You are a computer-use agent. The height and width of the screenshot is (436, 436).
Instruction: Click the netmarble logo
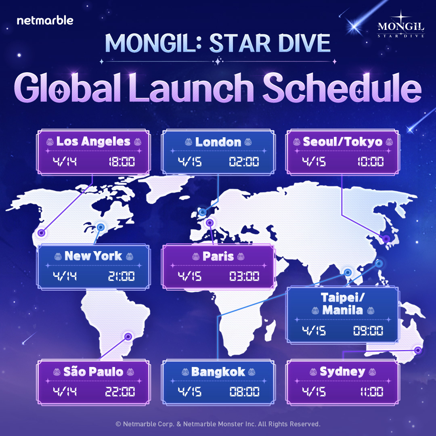point(45,20)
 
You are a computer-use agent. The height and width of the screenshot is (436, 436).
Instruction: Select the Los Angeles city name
point(93,141)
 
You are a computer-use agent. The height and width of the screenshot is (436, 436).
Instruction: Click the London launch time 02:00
point(244,162)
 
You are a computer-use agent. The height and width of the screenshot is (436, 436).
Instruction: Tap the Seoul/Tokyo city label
point(342,142)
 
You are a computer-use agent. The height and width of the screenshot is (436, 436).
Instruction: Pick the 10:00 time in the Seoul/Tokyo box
point(370,162)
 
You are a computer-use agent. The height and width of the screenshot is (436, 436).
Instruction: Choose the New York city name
point(93,256)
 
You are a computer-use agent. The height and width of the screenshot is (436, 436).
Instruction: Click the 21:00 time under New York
point(121,277)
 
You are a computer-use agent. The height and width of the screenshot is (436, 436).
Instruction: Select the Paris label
point(218,256)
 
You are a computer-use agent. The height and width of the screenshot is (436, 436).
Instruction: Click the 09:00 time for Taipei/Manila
point(368,331)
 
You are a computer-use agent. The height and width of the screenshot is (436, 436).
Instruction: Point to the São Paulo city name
point(93,371)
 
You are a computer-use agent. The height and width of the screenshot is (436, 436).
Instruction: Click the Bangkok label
point(218,371)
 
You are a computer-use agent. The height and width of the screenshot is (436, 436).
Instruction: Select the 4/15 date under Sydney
point(314,392)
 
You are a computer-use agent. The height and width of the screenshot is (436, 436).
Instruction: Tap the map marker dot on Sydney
point(418,350)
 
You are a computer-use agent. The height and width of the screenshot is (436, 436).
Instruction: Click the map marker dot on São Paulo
point(128,336)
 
